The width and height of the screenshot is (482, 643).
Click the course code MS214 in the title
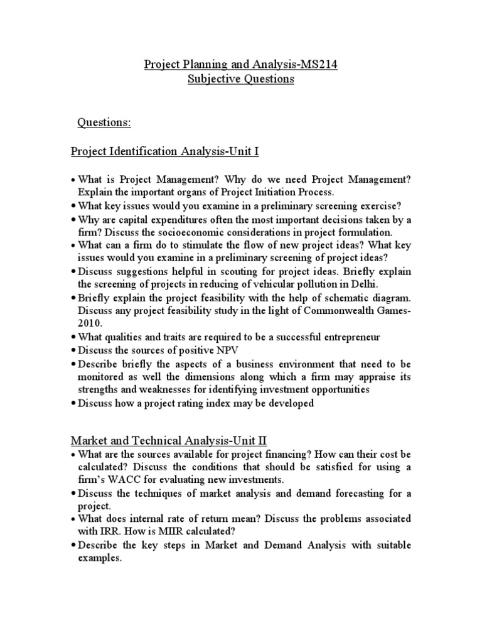[319, 64]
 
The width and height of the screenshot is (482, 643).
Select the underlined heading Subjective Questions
[241, 80]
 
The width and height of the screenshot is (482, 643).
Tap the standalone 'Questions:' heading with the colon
[104, 122]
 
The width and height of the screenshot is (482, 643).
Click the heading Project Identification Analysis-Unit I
[164, 151]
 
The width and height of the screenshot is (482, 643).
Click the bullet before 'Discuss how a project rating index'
[74, 404]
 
